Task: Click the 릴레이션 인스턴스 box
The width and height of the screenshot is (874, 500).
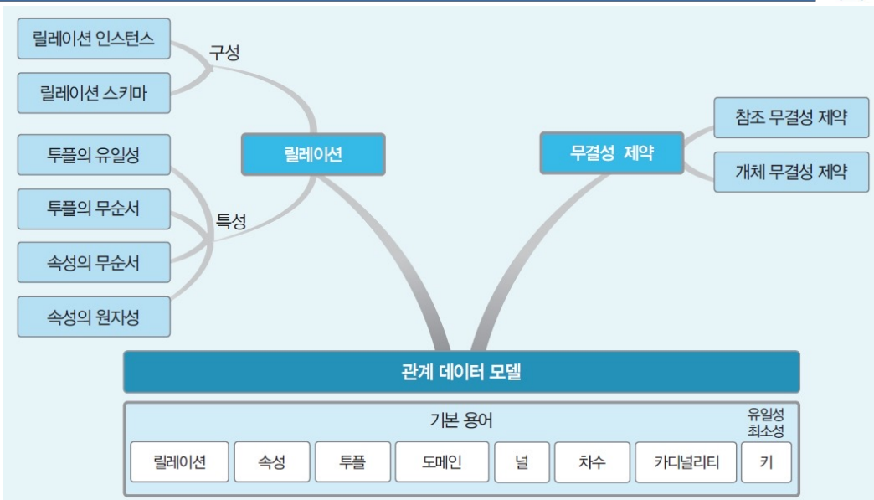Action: click(94, 39)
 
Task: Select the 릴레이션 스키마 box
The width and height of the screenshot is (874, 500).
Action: click(94, 93)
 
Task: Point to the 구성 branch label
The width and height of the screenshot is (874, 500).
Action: click(224, 53)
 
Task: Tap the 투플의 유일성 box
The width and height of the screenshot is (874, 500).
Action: click(94, 155)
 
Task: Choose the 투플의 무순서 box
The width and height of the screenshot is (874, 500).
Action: click(94, 209)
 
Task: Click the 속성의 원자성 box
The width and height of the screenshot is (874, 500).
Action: click(94, 317)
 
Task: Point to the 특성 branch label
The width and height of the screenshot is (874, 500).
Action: click(232, 221)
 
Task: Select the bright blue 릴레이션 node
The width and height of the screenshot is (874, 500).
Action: click(313, 154)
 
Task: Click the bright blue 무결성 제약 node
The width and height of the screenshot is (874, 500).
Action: click(611, 153)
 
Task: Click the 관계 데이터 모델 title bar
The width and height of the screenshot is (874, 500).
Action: click(461, 372)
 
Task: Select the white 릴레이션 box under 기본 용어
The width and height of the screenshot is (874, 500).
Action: click(179, 461)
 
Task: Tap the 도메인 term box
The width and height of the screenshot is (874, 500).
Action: click(441, 461)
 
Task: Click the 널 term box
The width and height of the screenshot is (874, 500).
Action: click(522, 461)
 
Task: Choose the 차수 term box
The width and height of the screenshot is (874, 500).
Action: click(591, 461)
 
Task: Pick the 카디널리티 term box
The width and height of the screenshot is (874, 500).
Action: click(686, 461)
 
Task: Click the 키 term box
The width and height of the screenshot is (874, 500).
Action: click(766, 461)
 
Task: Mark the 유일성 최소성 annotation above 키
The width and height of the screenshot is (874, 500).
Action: click(766, 420)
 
